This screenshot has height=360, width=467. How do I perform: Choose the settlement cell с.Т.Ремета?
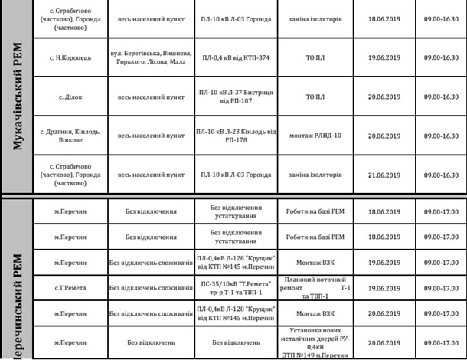[x=71, y=288]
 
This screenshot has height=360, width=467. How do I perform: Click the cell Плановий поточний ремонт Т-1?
[x=315, y=287]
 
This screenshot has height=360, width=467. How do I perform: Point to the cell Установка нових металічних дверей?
[x=315, y=343]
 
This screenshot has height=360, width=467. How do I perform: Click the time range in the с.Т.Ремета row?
[x=439, y=288]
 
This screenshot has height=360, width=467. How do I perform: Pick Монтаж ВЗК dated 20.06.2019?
[x=315, y=314]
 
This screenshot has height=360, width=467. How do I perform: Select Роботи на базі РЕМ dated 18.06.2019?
[x=315, y=211]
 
